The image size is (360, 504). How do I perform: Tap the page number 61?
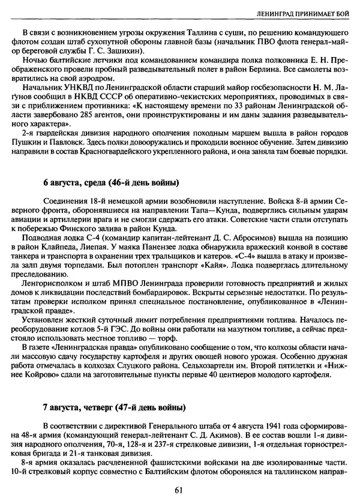point(179,490)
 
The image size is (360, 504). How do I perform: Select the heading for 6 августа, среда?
point(111,182)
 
